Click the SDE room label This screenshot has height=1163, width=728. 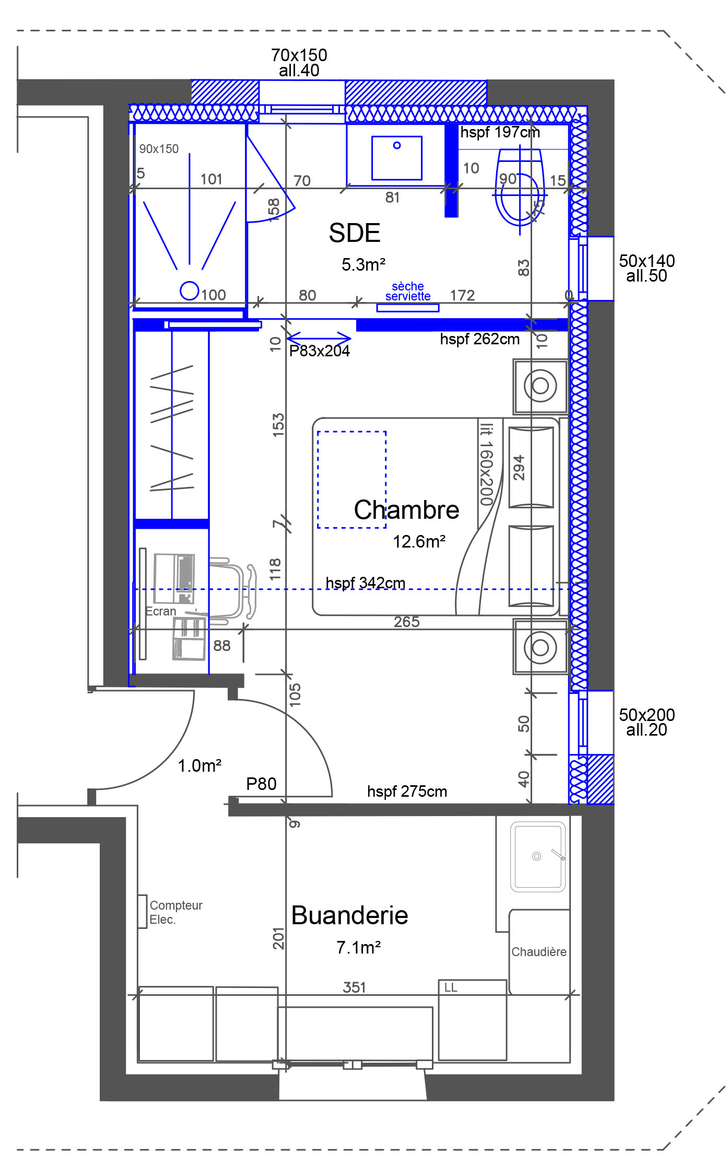355,233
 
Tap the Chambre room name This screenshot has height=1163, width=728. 407,509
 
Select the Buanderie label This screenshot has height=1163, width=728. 350,915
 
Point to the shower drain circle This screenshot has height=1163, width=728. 190,290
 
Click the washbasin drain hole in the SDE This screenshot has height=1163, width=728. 397,145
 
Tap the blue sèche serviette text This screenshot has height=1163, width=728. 408,292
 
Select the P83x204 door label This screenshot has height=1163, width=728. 320,351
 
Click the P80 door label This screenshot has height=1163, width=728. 261,784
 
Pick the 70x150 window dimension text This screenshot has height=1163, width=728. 299,55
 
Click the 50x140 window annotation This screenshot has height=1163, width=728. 647,268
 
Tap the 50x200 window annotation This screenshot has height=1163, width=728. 647,722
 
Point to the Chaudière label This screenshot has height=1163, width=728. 539,952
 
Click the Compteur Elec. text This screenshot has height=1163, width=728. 176,912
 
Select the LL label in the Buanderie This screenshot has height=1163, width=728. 451,987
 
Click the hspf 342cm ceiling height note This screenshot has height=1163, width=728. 366,583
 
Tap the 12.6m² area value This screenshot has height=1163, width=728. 419,542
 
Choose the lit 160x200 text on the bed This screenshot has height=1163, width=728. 486,464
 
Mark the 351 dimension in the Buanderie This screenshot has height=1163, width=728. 355,987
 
